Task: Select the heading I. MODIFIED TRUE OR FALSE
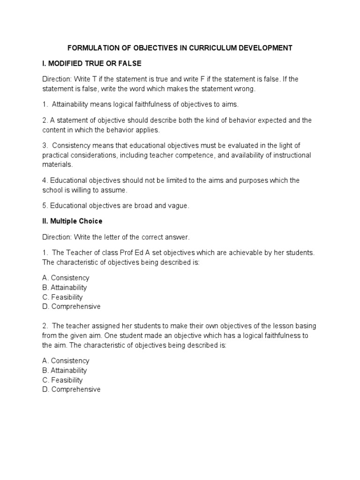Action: [91, 63]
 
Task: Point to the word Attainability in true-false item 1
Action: [71, 105]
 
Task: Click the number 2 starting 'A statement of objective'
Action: [44, 120]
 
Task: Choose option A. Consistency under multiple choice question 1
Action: [66, 278]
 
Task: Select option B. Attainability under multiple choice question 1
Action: [64, 287]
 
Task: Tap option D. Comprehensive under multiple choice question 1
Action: [71, 307]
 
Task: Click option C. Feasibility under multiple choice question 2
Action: [62, 380]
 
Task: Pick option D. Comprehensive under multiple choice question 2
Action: [71, 390]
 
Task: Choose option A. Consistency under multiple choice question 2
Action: [66, 361]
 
